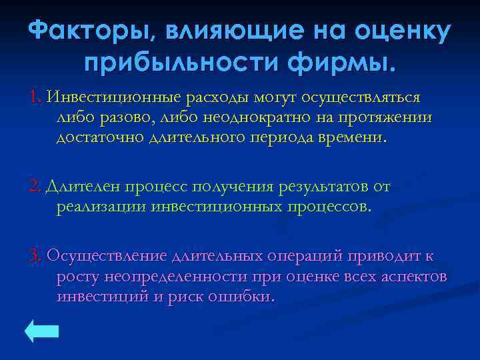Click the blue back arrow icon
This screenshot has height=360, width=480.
tap(42, 331)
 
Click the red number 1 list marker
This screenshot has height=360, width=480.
tap(35, 97)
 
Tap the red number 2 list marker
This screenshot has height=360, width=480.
tap(35, 187)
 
